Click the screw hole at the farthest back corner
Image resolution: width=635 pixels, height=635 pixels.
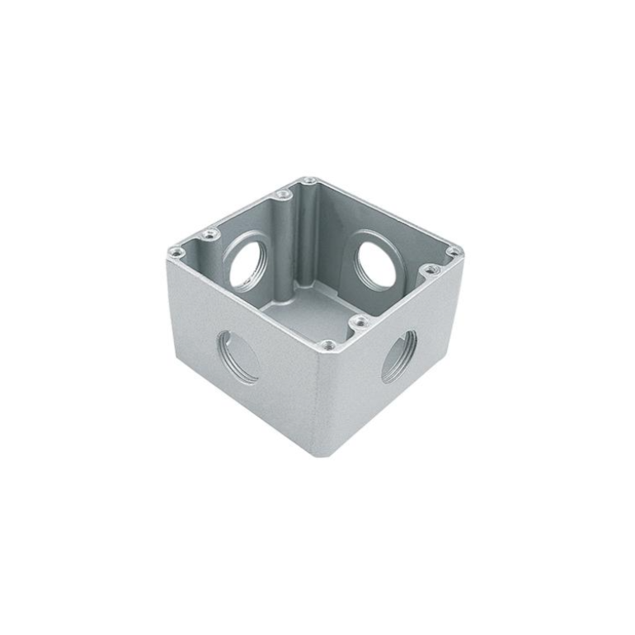308,181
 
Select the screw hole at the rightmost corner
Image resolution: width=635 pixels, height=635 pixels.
452,252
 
